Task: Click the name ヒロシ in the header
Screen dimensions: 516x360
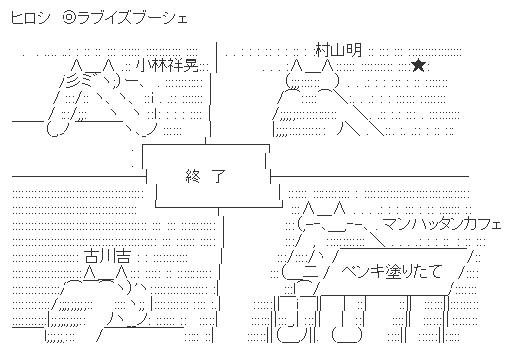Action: click(30, 18)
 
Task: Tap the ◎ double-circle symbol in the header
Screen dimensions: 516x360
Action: click(69, 18)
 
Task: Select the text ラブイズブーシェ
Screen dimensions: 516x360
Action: click(132, 18)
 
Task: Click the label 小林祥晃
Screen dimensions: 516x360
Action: click(168, 65)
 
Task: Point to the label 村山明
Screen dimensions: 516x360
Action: click(338, 50)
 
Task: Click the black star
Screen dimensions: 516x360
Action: click(419, 65)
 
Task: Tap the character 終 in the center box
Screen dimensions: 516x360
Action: click(193, 176)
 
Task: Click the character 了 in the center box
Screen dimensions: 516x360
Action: click(218, 176)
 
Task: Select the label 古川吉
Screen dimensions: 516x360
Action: click(108, 255)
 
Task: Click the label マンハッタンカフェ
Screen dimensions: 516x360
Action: click(443, 224)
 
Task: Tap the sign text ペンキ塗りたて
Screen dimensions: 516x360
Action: click(392, 272)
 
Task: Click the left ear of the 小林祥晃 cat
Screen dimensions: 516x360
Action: click(76, 65)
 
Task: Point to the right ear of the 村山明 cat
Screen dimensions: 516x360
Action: click(327, 65)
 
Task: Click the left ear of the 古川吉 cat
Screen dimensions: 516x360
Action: click(89, 273)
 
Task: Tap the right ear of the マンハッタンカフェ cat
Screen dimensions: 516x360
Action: click(339, 208)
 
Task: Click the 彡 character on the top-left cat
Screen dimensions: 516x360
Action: click(72, 80)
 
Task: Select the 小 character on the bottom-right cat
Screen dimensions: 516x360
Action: click(313, 254)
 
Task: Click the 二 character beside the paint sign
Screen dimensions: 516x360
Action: click(311, 271)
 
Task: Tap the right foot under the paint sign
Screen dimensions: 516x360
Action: click(347, 334)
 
